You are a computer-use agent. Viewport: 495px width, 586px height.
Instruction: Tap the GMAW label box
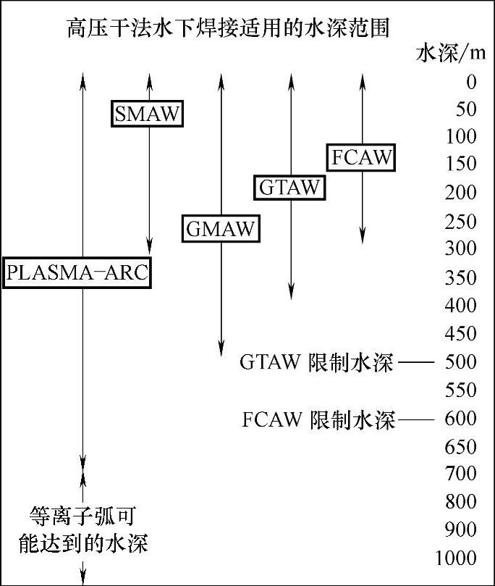point(221,229)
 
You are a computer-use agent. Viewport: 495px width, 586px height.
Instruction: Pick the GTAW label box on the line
point(289,187)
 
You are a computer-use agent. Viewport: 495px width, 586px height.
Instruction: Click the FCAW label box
point(361,157)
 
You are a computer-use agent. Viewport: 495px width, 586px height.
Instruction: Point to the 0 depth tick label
point(471,82)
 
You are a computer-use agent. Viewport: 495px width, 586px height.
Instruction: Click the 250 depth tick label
point(462,222)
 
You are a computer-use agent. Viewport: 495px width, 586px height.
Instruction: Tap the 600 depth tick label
point(462,419)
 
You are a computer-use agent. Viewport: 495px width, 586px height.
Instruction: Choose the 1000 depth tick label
point(457,558)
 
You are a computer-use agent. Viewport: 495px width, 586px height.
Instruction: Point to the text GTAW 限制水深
point(317,362)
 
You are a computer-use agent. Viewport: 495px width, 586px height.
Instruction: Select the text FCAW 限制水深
point(319,419)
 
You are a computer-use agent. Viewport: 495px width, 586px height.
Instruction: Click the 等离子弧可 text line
point(82,516)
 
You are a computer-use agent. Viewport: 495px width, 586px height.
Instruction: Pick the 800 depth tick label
point(462,501)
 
